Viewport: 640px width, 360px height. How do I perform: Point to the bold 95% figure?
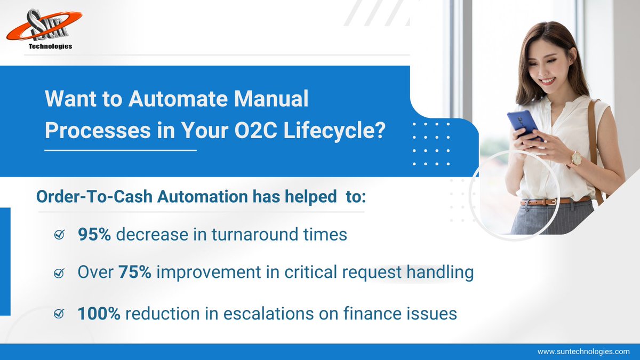(94, 234)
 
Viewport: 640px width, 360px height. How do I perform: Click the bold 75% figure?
(135, 273)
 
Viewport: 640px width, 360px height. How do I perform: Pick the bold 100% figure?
(99, 314)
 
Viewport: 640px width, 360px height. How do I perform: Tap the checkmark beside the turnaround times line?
(60, 235)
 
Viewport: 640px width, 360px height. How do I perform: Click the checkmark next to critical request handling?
(60, 274)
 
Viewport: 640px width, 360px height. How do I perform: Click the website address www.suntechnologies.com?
(583, 352)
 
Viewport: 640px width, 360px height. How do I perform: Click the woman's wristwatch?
(575, 159)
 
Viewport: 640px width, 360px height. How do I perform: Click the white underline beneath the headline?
(121, 150)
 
